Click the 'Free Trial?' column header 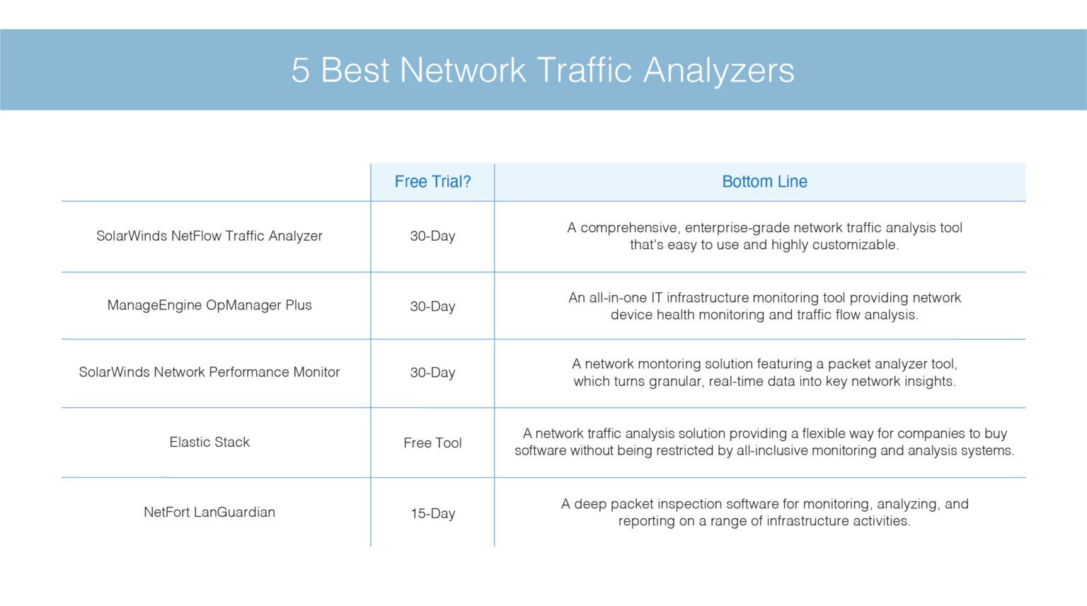point(432,182)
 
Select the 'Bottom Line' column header point(764,182)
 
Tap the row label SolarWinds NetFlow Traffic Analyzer point(209,236)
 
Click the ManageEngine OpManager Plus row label point(209,305)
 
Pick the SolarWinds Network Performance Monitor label point(209,372)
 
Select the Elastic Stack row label point(209,442)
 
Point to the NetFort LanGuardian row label point(209,513)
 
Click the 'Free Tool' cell point(432,443)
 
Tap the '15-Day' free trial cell point(432,513)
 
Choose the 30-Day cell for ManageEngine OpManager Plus point(432,307)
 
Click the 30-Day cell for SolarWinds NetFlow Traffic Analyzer point(432,236)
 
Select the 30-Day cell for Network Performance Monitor point(432,372)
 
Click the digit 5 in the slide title point(301,71)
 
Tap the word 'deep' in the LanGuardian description point(590,504)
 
